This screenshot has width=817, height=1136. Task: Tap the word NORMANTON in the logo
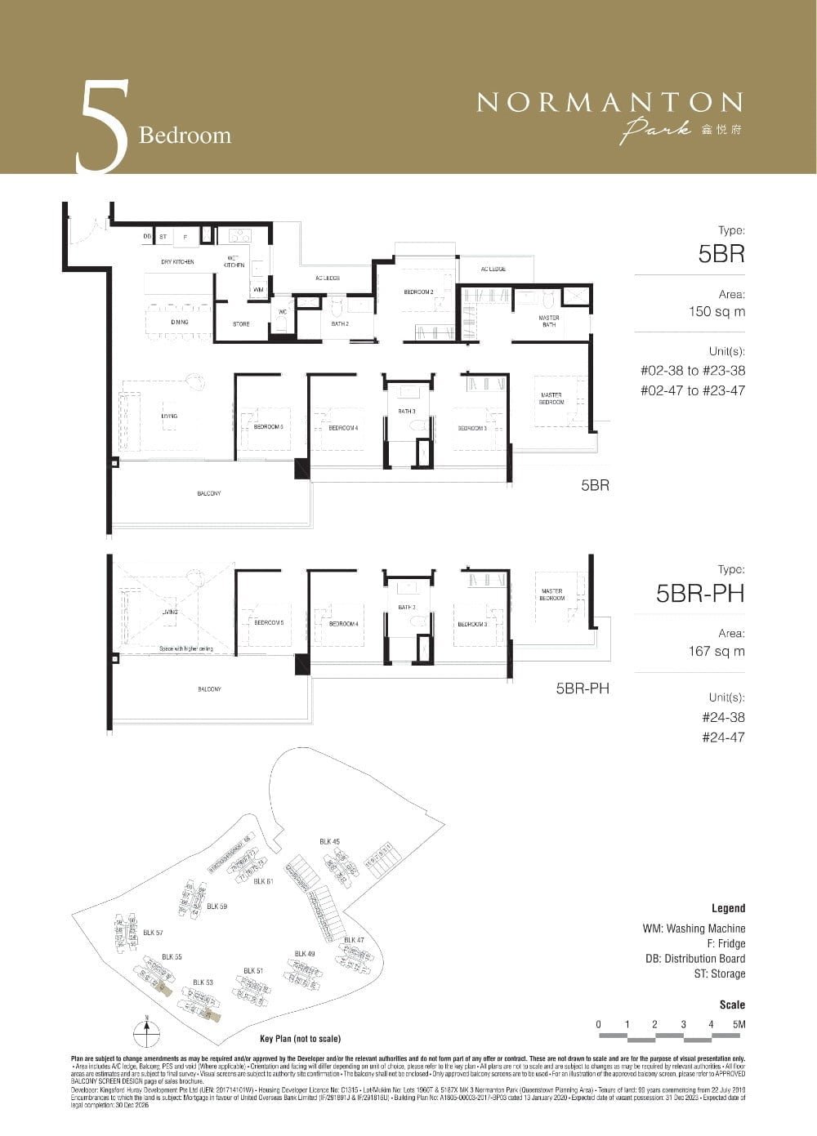(609, 102)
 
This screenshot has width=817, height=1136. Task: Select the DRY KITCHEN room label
(177, 262)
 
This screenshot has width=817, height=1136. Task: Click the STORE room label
(241, 324)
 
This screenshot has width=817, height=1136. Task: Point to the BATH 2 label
(340, 324)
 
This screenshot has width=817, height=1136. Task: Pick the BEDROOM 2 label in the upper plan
(418, 292)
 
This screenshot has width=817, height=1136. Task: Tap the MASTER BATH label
(548, 321)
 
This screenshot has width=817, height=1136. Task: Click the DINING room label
(180, 322)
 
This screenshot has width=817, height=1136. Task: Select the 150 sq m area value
(717, 311)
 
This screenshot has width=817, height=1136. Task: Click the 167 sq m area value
(717, 651)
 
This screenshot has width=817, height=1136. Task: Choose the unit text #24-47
(723, 737)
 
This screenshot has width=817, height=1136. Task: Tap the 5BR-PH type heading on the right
(700, 594)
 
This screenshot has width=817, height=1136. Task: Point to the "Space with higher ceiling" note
(181, 648)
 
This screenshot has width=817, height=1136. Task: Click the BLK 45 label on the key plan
(329, 841)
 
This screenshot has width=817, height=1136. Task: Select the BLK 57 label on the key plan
(153, 932)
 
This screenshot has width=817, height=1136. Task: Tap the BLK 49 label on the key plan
(305, 953)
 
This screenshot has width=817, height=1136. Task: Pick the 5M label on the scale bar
(739, 1024)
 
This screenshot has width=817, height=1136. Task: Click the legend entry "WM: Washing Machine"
(694, 929)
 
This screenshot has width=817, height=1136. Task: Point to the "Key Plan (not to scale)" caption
(300, 1039)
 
